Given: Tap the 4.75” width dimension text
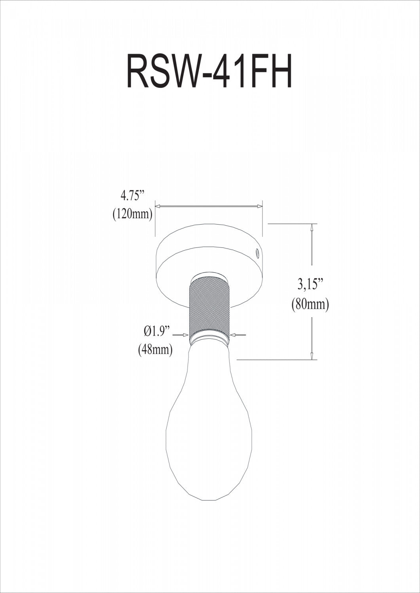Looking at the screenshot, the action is tap(132, 196).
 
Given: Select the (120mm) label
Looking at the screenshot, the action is tap(132, 214).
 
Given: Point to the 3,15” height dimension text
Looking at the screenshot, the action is tap(310, 285).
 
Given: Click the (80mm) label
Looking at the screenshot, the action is tap(310, 305).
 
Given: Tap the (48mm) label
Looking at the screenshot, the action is tap(156, 350).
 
